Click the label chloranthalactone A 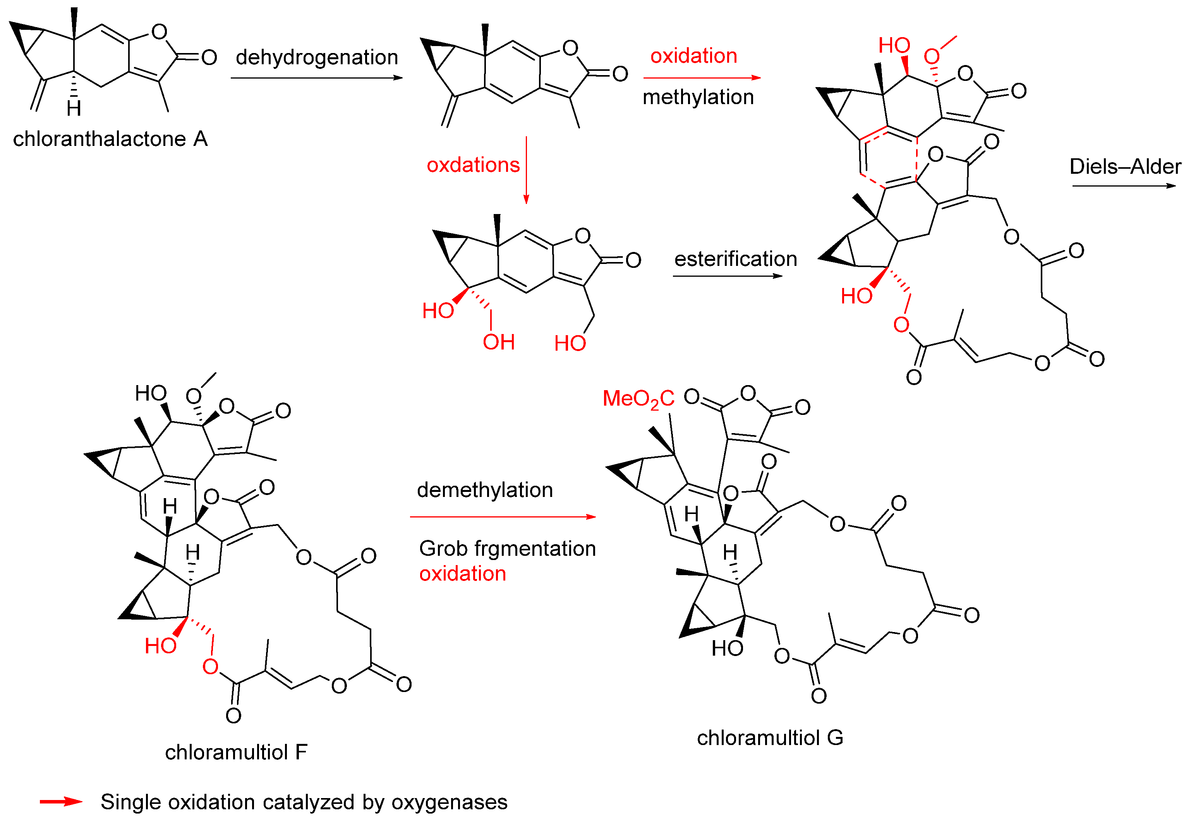110,139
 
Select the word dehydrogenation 317,57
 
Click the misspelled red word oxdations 473,165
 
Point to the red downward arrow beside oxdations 526,170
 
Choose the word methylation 698,97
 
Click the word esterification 735,259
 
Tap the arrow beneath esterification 727,276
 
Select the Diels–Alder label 1125,166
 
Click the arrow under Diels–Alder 1123,186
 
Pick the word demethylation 484,490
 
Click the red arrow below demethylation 503,516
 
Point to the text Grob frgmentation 507,548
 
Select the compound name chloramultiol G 770,737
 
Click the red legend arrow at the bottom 61,801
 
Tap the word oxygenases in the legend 449,802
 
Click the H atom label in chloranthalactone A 74,108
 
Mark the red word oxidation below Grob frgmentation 462,574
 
